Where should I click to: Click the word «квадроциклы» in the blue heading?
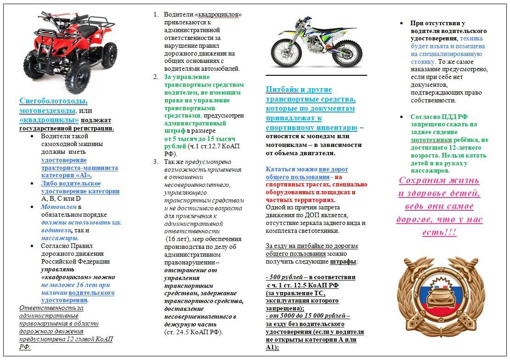49,120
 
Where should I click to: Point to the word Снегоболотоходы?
53,101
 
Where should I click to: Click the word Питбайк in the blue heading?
282,90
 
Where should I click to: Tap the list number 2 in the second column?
156,77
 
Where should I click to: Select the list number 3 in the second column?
156,162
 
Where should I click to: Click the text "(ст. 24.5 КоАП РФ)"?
193,332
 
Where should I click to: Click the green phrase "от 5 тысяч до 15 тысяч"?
200,139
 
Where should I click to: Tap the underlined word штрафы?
343,262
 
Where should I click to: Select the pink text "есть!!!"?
439,232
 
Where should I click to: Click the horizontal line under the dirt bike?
316,75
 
